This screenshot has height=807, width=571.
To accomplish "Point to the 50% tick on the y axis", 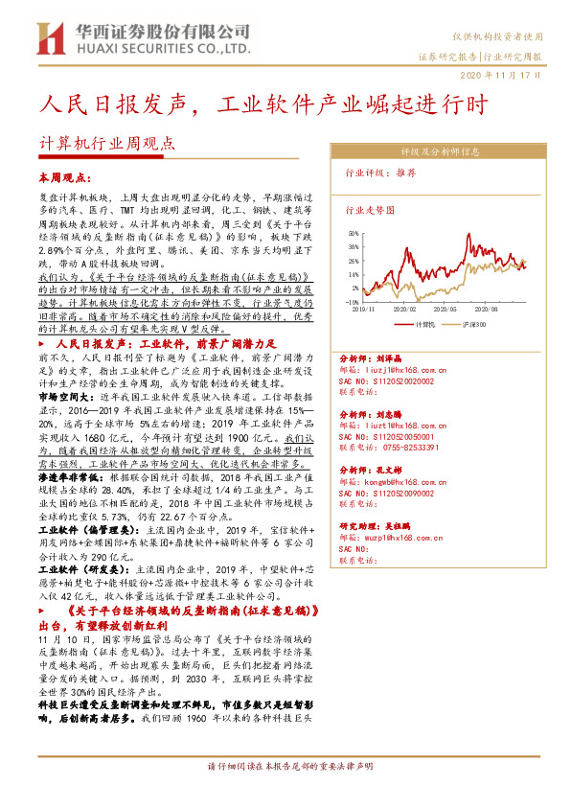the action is point(354,232).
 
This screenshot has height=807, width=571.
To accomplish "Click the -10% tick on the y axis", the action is point(352,301).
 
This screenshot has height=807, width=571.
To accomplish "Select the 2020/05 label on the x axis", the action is point(445,310).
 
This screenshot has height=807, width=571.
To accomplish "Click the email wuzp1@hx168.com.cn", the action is point(396,539).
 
